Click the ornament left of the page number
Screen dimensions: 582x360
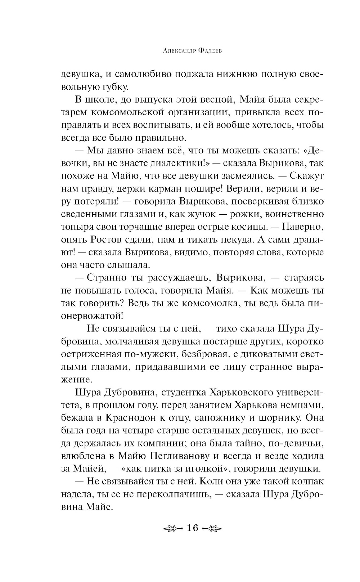(173, 528)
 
